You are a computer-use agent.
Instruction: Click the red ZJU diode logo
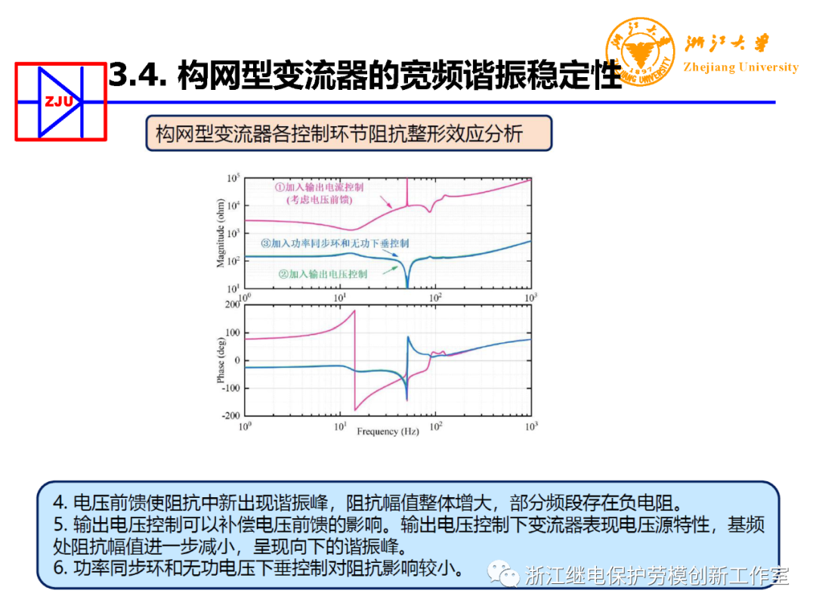pos(60,101)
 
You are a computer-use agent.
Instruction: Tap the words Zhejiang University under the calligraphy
pos(740,67)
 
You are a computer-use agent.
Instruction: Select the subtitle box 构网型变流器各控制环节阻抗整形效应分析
pos(348,134)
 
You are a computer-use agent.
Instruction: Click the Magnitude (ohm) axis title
pos(221,233)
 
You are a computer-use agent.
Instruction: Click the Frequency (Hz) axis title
pos(388,431)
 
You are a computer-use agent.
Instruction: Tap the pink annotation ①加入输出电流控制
pos(319,187)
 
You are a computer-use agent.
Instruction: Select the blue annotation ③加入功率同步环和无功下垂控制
pos(335,243)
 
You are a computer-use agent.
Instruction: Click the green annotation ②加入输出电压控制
pos(323,274)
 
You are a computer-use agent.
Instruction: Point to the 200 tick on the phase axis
pos(231,304)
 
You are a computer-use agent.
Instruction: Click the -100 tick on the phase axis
pos(229,388)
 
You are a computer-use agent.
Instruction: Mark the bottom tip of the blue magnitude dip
pos(407,287)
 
